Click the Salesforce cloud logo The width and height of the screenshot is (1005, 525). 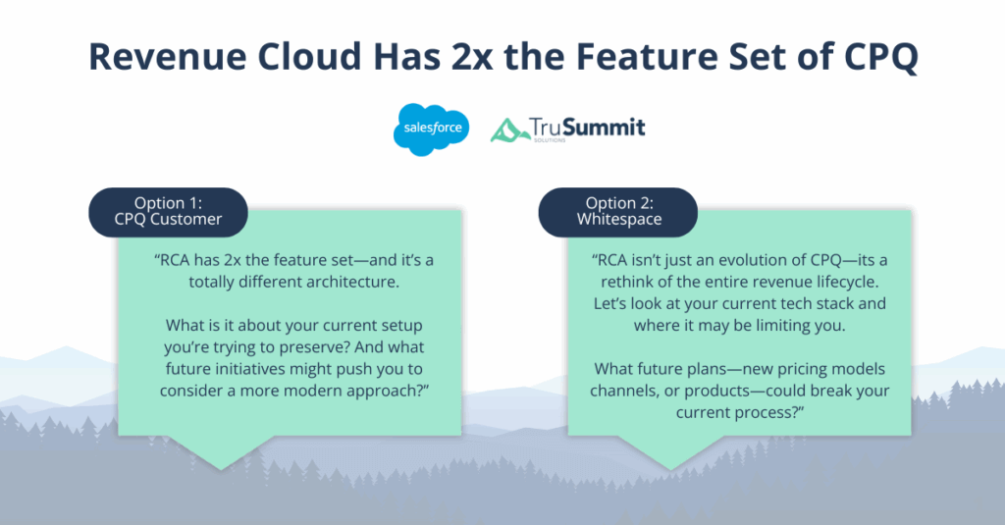(431, 130)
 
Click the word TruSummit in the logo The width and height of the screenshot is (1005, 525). (587, 128)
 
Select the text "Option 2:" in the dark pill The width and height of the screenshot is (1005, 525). (618, 202)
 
